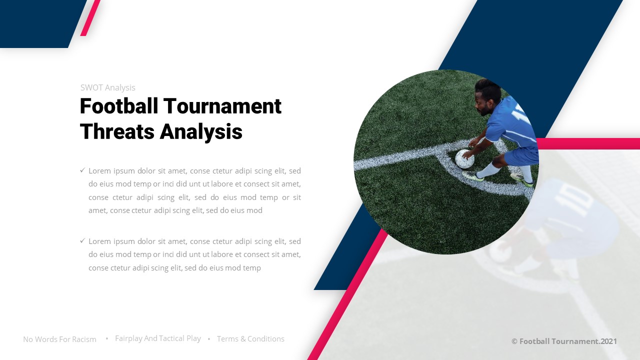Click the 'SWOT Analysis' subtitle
108,88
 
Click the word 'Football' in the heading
119,106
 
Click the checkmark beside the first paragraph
82,170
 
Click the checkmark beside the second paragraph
82,241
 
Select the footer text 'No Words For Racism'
59,339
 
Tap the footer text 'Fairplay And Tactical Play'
158,338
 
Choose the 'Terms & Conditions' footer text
250,339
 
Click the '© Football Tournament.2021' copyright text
564,341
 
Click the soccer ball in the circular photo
464,159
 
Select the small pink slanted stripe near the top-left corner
90,18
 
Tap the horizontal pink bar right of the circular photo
588,143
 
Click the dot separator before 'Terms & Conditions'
209,339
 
